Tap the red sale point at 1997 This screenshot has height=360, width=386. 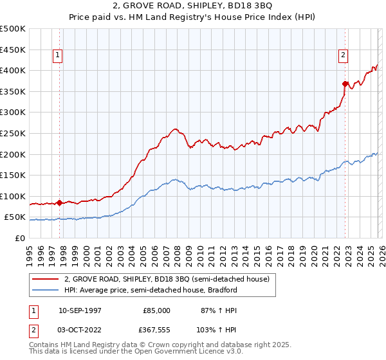point(60,203)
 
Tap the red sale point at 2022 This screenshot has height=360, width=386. point(345,83)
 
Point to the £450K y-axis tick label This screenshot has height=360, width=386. point(14,50)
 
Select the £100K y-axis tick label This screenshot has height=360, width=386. point(14,196)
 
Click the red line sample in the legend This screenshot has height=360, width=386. point(46,279)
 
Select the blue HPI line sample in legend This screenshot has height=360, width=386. point(46,290)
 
